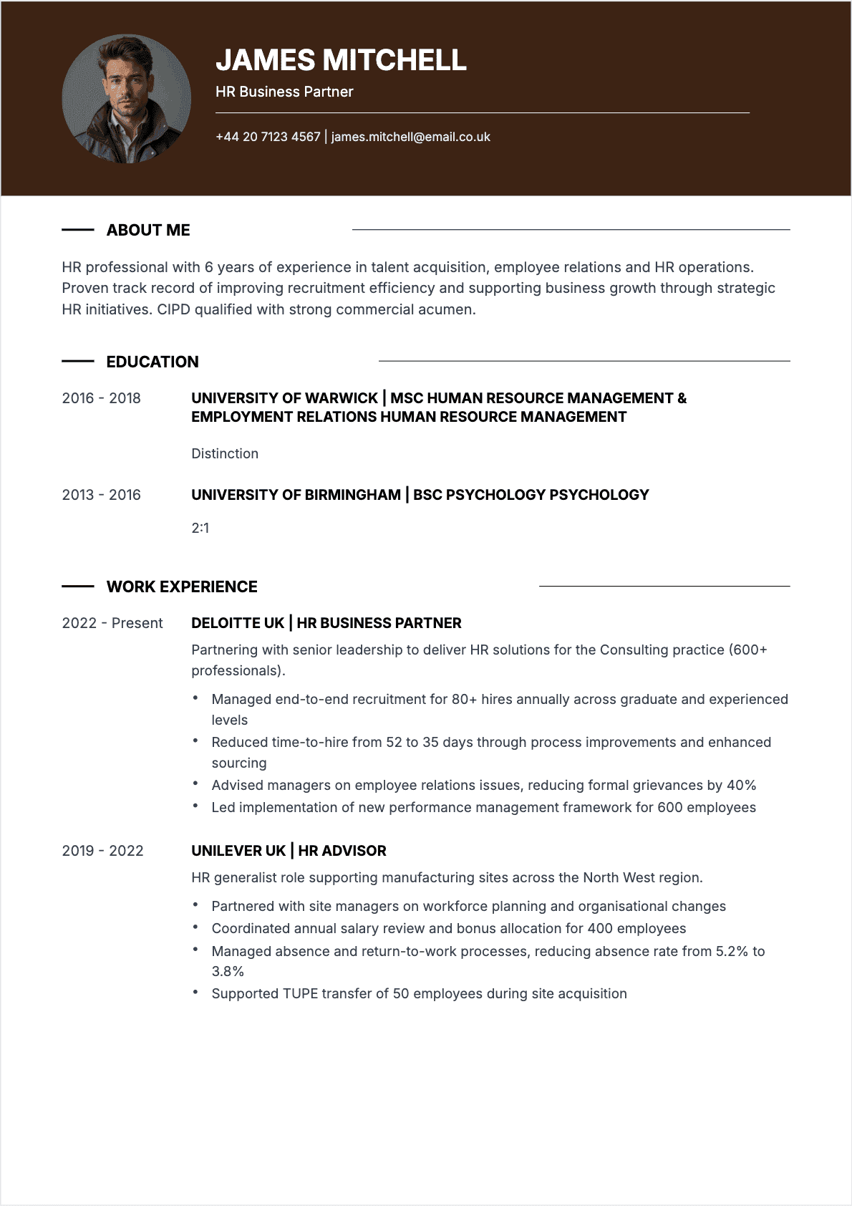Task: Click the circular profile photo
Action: [x=127, y=99]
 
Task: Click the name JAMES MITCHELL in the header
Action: [x=341, y=60]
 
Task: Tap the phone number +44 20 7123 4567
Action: [x=268, y=137]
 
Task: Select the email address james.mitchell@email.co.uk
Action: [x=410, y=137]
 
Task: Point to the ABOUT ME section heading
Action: [x=148, y=230]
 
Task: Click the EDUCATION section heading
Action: [x=153, y=362]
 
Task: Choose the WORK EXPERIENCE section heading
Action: [x=182, y=587]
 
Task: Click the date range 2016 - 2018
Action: [x=101, y=398]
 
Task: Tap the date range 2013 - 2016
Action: [x=101, y=495]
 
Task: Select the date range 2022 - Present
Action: [x=112, y=623]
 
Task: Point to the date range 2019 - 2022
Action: [x=102, y=851]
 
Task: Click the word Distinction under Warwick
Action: [x=225, y=453]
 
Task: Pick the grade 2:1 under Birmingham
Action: [x=200, y=528]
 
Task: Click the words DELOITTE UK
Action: [x=238, y=623]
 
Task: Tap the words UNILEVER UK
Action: [x=238, y=851]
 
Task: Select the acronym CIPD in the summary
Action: [x=174, y=309]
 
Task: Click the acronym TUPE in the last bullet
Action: [x=301, y=993]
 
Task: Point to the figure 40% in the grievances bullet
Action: [x=741, y=785]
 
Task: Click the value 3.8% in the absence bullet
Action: [x=228, y=971]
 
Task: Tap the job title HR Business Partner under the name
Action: [x=284, y=92]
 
